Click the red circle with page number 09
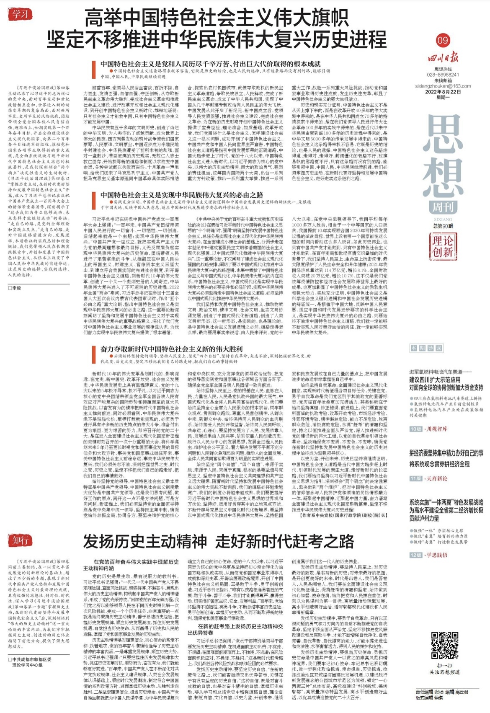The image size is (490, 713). point(443,40)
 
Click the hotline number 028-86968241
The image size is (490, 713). point(443,75)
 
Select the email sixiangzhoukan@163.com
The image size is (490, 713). point(443,86)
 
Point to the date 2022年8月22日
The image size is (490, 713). point(443,92)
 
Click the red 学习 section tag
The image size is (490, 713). point(20,14)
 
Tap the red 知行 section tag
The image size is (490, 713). point(20,540)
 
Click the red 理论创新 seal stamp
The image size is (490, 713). point(443,246)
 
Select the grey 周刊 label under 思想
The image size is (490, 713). point(443,206)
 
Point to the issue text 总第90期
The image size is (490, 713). point(443,226)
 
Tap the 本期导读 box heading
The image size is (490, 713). point(426,348)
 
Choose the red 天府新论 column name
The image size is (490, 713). point(437,478)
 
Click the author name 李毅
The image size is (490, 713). point(16,288)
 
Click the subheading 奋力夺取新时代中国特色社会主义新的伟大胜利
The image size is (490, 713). point(171,349)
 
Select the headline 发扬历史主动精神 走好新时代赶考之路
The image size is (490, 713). point(218,542)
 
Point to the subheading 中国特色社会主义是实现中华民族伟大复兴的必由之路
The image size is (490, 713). point(181,195)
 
